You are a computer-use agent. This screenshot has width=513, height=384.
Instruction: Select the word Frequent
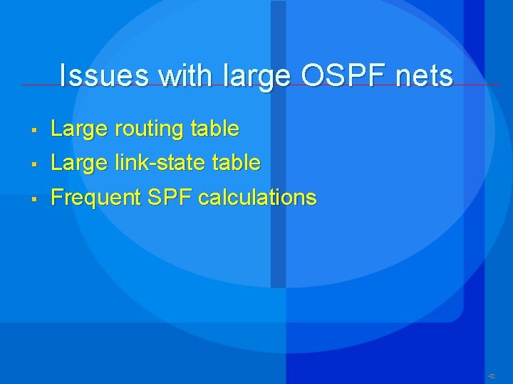pyautogui.click(x=96, y=198)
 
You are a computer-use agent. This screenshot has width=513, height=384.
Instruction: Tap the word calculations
pyautogui.click(x=257, y=197)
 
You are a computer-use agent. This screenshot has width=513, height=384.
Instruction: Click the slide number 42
pyautogui.click(x=491, y=375)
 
